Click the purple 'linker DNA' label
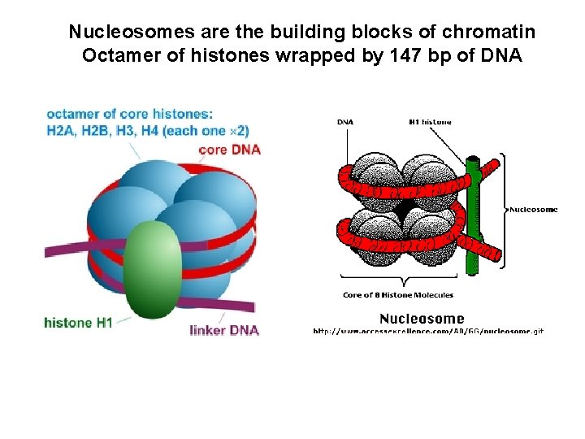224,330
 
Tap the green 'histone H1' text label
79,323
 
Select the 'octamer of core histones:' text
130,113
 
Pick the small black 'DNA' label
345,122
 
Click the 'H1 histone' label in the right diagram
430,122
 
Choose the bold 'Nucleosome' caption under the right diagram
422,319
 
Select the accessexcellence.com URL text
428,331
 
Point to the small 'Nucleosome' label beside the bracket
534,209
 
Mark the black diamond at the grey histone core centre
401,211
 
